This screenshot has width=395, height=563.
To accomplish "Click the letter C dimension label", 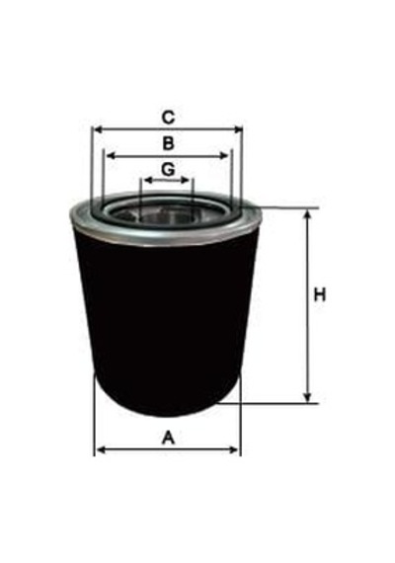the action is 168,118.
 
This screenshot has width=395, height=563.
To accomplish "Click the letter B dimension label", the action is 168,143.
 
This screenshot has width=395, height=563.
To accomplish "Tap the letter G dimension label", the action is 168,169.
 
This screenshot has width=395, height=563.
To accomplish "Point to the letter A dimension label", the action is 168,438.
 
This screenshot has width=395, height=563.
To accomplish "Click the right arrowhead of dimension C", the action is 238,129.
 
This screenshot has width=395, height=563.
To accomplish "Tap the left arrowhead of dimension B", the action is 111,155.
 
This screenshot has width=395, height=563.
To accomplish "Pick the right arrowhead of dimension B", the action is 224,155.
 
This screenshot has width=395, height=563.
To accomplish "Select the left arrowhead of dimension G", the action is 147,180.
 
